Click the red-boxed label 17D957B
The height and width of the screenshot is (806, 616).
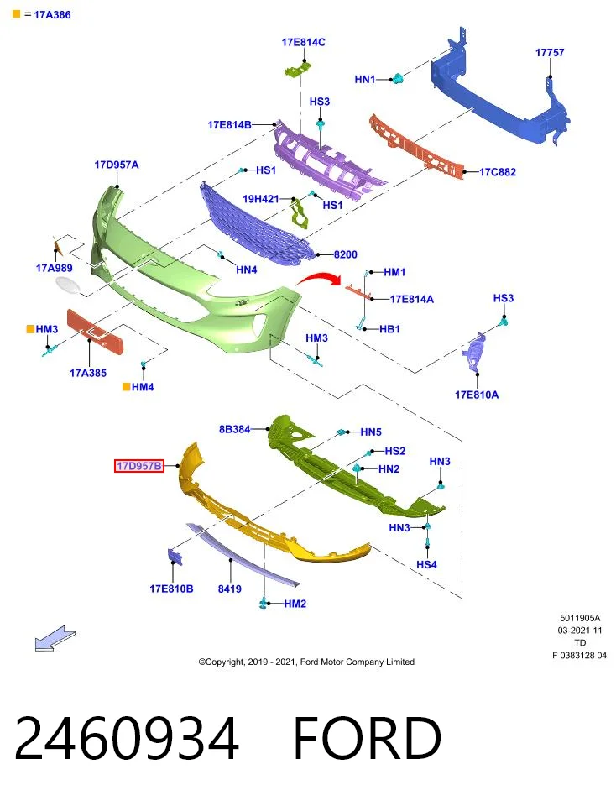click(139, 466)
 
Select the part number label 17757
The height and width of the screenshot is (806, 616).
click(550, 52)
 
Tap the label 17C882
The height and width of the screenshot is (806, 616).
click(498, 172)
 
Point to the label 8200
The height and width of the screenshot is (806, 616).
click(345, 254)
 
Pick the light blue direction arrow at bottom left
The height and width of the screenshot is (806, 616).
click(55, 638)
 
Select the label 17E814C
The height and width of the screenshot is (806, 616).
click(303, 42)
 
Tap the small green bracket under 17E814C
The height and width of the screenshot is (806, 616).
click(297, 70)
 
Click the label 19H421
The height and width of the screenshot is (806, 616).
click(260, 199)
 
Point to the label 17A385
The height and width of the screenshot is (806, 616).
click(88, 373)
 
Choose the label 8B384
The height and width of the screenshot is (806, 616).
click(234, 429)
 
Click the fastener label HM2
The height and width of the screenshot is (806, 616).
click(295, 604)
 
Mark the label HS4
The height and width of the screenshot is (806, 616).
click(426, 564)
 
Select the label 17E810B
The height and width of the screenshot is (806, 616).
click(171, 589)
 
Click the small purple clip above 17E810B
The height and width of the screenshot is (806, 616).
click(175, 557)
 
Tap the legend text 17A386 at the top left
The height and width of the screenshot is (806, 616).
click(52, 15)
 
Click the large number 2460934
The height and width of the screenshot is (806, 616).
click(127, 738)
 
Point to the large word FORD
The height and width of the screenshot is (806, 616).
click(367, 738)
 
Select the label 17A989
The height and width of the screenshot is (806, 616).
click(54, 268)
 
